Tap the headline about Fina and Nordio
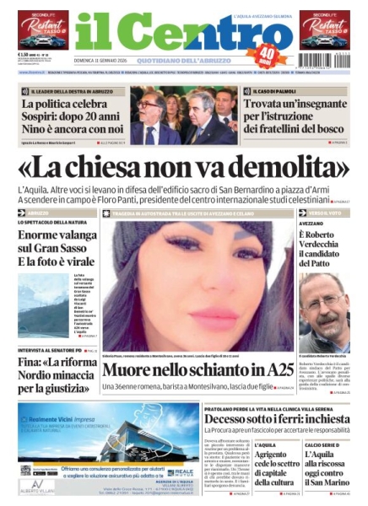tap(56, 375)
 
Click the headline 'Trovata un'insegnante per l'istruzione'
tap(296, 115)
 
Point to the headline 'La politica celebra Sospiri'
tap(72, 115)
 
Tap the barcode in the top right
tap(326, 61)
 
